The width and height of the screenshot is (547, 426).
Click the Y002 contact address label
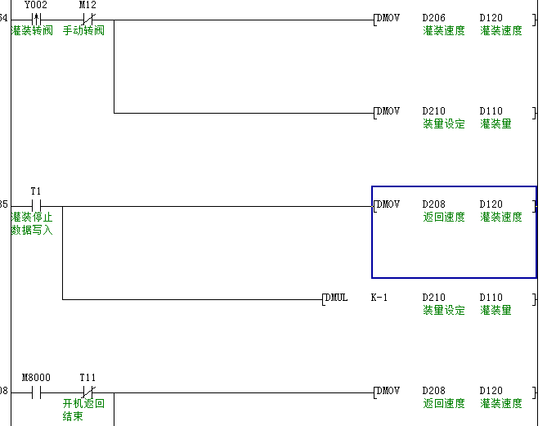pyautogui.click(x=35, y=5)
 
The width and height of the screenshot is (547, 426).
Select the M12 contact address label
pyautogui.click(x=87, y=5)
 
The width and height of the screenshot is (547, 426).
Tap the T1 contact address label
pyautogui.click(x=35, y=191)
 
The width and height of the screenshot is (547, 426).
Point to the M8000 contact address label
pyautogui.click(x=35, y=378)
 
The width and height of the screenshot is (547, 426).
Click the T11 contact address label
pyautogui.click(x=87, y=378)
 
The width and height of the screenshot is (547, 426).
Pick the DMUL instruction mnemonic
pyautogui.click(x=336, y=298)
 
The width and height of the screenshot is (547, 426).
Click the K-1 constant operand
pyautogui.click(x=379, y=298)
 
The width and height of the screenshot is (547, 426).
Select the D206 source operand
pyautogui.click(x=434, y=18)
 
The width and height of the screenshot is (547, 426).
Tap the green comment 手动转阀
pyautogui.click(x=83, y=31)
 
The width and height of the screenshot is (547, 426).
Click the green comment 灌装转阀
pyautogui.click(x=32, y=31)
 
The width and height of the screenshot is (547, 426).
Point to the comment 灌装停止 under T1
pyautogui.click(x=32, y=217)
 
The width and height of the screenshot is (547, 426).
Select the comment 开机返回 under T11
pyautogui.click(x=83, y=404)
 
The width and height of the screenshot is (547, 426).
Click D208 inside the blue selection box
pyautogui.click(x=434, y=204)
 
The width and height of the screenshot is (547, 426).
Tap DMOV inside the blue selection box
pyautogui.click(x=388, y=204)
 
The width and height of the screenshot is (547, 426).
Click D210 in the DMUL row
pyautogui.click(x=434, y=298)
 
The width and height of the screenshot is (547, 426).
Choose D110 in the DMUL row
pyautogui.click(x=491, y=298)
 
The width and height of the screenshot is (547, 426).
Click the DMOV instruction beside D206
pyautogui.click(x=388, y=18)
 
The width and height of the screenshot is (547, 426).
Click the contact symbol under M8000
pyautogui.click(x=35, y=392)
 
